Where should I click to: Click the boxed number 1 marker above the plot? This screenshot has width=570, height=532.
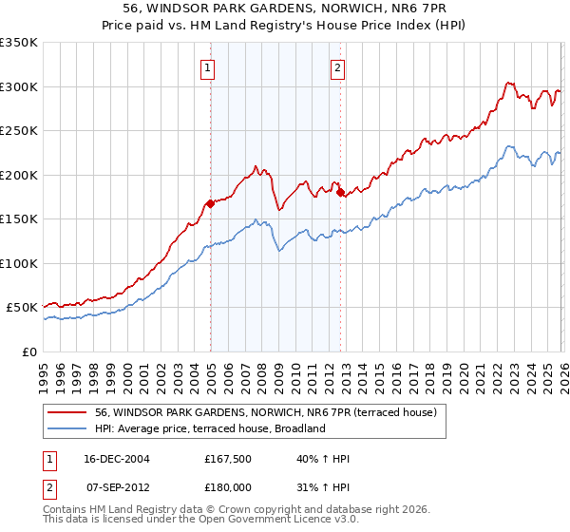[x=207, y=67]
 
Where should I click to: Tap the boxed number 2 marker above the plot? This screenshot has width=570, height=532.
[x=337, y=67]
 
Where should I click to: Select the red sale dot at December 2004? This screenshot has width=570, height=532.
[x=210, y=203]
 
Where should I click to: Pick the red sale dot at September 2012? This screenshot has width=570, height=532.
[x=340, y=193]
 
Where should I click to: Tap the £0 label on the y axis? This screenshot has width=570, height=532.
[x=30, y=351]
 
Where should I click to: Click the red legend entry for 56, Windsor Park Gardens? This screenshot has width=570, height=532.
[x=265, y=412]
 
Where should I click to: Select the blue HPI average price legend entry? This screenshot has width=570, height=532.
[x=210, y=428]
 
